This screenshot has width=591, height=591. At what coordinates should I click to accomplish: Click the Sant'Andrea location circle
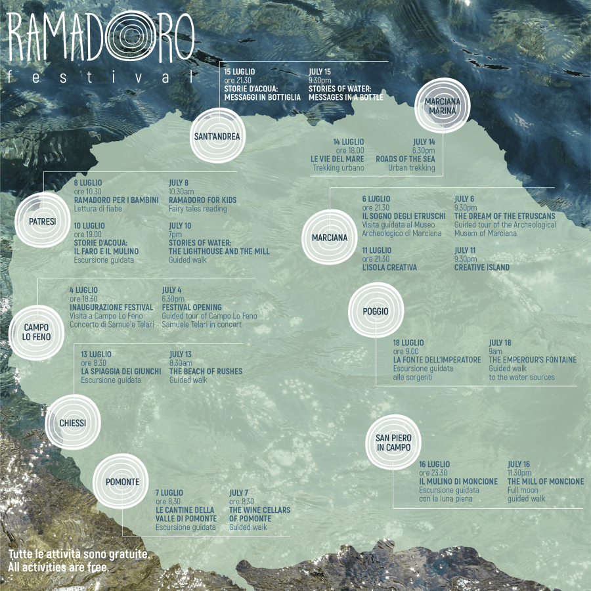(217, 137)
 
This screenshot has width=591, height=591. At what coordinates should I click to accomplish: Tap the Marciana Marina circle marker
(443, 106)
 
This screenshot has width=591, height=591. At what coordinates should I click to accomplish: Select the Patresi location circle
(42, 222)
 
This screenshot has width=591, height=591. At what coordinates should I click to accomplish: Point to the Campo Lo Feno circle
(37, 332)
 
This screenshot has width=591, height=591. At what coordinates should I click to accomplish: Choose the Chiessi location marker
(72, 423)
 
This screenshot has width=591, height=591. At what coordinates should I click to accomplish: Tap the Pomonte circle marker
(123, 482)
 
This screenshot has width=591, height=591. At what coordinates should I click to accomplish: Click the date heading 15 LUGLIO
(240, 72)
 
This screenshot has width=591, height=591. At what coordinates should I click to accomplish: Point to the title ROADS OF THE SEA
(405, 159)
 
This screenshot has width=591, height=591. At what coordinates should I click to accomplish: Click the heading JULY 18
(500, 343)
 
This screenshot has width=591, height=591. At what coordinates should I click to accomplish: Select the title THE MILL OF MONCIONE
(545, 481)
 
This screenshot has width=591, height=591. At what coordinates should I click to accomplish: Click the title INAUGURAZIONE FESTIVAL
(111, 307)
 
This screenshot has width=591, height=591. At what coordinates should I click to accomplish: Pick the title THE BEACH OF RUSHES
(206, 372)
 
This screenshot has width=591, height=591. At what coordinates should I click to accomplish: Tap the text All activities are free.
(58, 567)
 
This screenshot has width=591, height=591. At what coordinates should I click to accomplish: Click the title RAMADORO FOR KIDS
(202, 200)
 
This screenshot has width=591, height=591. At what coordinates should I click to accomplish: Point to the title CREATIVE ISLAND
(481, 268)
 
